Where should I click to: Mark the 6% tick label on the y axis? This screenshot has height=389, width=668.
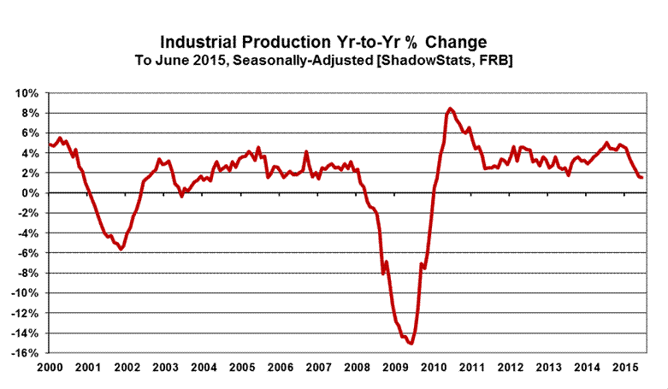(32, 133)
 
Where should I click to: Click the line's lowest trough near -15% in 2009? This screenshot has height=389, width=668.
(411, 344)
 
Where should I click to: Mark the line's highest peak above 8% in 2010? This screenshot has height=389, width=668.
(450, 109)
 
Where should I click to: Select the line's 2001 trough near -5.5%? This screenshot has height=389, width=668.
(121, 249)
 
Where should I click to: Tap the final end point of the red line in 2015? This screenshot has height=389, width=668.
(642, 177)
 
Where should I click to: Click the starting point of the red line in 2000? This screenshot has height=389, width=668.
(50, 144)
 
